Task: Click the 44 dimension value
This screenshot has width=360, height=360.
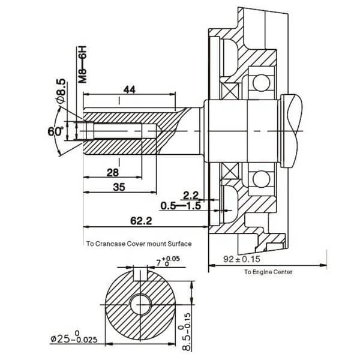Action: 130,90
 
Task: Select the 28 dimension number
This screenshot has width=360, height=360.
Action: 113,172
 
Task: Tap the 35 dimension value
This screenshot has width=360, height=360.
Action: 119,187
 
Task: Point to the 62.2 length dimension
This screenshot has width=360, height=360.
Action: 141,221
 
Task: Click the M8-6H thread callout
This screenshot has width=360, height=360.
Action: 82,65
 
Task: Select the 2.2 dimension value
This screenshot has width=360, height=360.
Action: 191,196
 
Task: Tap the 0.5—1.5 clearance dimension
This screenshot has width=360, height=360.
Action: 181,206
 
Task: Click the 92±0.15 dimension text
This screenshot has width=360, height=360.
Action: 242,259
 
